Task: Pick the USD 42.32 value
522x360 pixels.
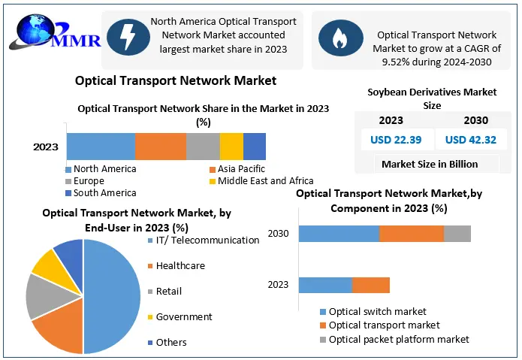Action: (x=470, y=139)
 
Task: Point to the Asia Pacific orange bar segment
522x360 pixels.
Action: (x=160, y=146)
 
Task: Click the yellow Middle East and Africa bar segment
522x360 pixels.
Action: (x=231, y=146)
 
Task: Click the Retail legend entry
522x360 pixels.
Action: (x=168, y=291)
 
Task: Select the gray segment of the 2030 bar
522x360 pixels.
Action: (x=457, y=234)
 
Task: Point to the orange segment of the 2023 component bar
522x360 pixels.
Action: (x=370, y=285)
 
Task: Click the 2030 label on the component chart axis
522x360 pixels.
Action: (x=278, y=234)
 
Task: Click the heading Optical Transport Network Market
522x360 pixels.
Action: (x=176, y=80)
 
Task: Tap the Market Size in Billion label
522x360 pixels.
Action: (x=429, y=164)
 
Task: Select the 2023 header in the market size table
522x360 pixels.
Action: (x=391, y=120)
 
